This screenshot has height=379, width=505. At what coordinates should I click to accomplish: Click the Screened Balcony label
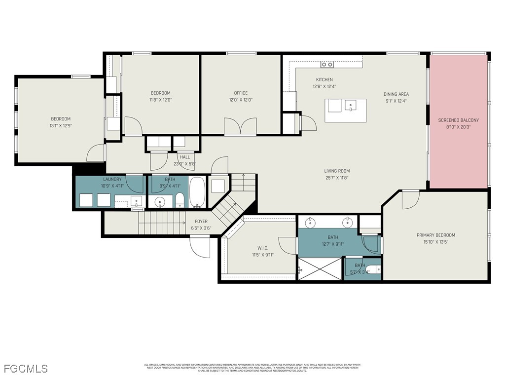(459, 120)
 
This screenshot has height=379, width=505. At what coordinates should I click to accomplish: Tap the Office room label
(241, 93)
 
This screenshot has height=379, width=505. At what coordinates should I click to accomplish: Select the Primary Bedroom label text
(435, 235)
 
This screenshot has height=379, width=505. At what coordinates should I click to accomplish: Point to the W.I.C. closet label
(262, 248)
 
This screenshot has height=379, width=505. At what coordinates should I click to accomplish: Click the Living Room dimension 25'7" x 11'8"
(337, 178)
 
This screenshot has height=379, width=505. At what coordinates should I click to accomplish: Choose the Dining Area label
(396, 94)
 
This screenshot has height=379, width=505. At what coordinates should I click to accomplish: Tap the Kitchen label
(324, 79)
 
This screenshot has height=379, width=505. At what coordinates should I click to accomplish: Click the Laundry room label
(112, 179)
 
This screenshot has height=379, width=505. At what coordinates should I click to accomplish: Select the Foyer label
(201, 222)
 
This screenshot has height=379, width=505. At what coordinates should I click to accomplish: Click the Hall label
(184, 157)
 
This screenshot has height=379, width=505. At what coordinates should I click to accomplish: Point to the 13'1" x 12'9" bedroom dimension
(61, 125)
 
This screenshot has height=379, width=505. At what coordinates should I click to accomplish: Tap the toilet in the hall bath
(180, 200)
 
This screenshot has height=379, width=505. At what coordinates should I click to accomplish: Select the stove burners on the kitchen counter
(327, 64)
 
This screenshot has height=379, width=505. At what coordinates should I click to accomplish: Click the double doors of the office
(240, 126)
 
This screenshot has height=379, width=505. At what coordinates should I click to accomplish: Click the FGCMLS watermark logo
(26, 369)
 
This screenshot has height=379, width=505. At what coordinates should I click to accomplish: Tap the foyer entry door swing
(200, 247)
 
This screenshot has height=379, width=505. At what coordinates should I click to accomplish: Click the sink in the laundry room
(138, 200)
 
